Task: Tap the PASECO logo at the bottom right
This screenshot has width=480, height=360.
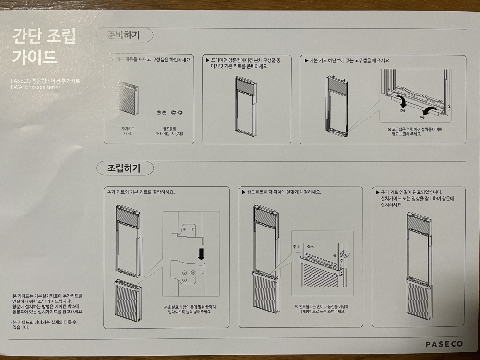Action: coord(444,344)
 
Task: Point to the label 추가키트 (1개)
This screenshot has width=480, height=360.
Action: coord(127,131)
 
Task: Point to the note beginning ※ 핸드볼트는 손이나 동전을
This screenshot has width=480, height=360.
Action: coord(322,308)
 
